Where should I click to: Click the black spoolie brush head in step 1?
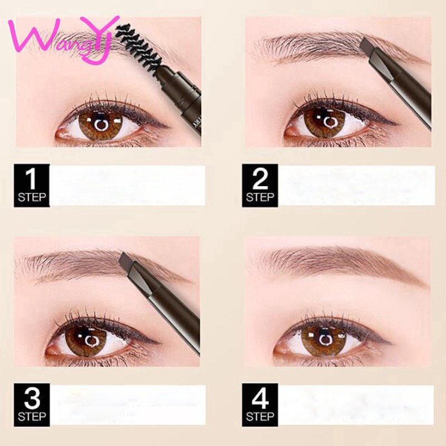tap(138, 49)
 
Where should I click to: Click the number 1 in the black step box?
tap(31, 178)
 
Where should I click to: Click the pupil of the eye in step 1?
tap(101, 124)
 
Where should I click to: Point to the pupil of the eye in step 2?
tap(330, 122)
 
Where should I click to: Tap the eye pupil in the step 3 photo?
tap(91, 341)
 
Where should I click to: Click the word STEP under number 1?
tap(32, 197)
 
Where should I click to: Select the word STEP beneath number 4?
tap(260, 416)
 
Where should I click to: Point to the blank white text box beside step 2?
tap(356, 185)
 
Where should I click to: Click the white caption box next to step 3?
tap(128, 405)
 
